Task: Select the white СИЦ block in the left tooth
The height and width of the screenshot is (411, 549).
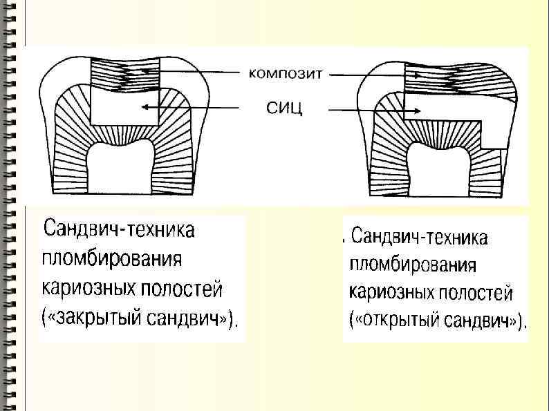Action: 124,108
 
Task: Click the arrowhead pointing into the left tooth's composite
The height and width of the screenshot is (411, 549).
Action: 142,70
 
